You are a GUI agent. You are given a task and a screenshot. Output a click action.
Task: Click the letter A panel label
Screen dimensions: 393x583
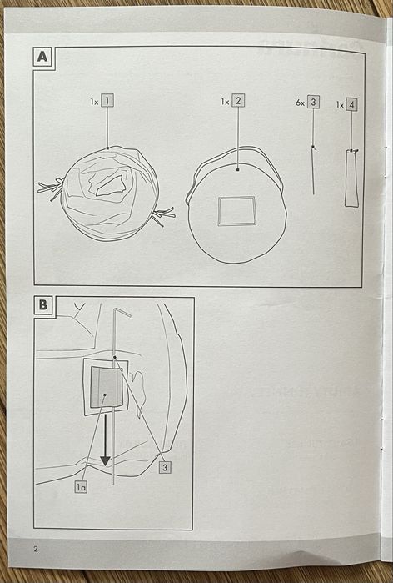(42, 58)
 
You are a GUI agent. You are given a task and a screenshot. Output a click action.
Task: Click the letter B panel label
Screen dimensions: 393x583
(43, 305)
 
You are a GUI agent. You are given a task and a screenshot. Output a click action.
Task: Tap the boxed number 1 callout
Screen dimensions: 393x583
(107, 100)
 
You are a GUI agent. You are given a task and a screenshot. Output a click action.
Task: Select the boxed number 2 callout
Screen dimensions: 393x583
(238, 100)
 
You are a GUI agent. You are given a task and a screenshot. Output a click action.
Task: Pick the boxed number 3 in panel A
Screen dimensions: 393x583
(313, 102)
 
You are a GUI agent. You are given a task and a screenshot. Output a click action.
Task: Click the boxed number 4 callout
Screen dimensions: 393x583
(351, 104)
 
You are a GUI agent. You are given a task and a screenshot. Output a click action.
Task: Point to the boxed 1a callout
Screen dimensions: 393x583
(81, 487)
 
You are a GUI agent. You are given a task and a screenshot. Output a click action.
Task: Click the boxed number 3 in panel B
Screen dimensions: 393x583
(165, 467)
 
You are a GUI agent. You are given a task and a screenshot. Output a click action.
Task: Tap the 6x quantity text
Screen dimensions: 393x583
(301, 103)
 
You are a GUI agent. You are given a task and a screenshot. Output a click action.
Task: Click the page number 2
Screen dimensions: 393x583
(36, 549)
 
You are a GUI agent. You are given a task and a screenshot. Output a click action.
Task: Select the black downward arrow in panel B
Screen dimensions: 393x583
(106, 440)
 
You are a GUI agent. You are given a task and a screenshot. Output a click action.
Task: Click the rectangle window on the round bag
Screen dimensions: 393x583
(236, 211)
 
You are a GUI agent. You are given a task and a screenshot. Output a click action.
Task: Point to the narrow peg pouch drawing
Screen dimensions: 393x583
(351, 178)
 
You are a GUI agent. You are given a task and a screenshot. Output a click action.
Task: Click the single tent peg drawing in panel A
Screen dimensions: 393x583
(313, 170)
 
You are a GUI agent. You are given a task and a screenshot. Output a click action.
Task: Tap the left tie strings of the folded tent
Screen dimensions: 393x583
(52, 188)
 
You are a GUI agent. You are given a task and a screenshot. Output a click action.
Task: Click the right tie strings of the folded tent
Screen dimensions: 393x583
(163, 216)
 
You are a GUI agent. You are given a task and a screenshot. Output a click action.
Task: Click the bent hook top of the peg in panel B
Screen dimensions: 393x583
(122, 312)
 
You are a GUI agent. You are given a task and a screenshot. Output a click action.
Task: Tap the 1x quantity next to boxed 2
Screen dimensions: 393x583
(226, 102)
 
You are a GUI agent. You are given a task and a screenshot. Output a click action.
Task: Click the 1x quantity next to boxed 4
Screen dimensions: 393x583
(340, 105)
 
